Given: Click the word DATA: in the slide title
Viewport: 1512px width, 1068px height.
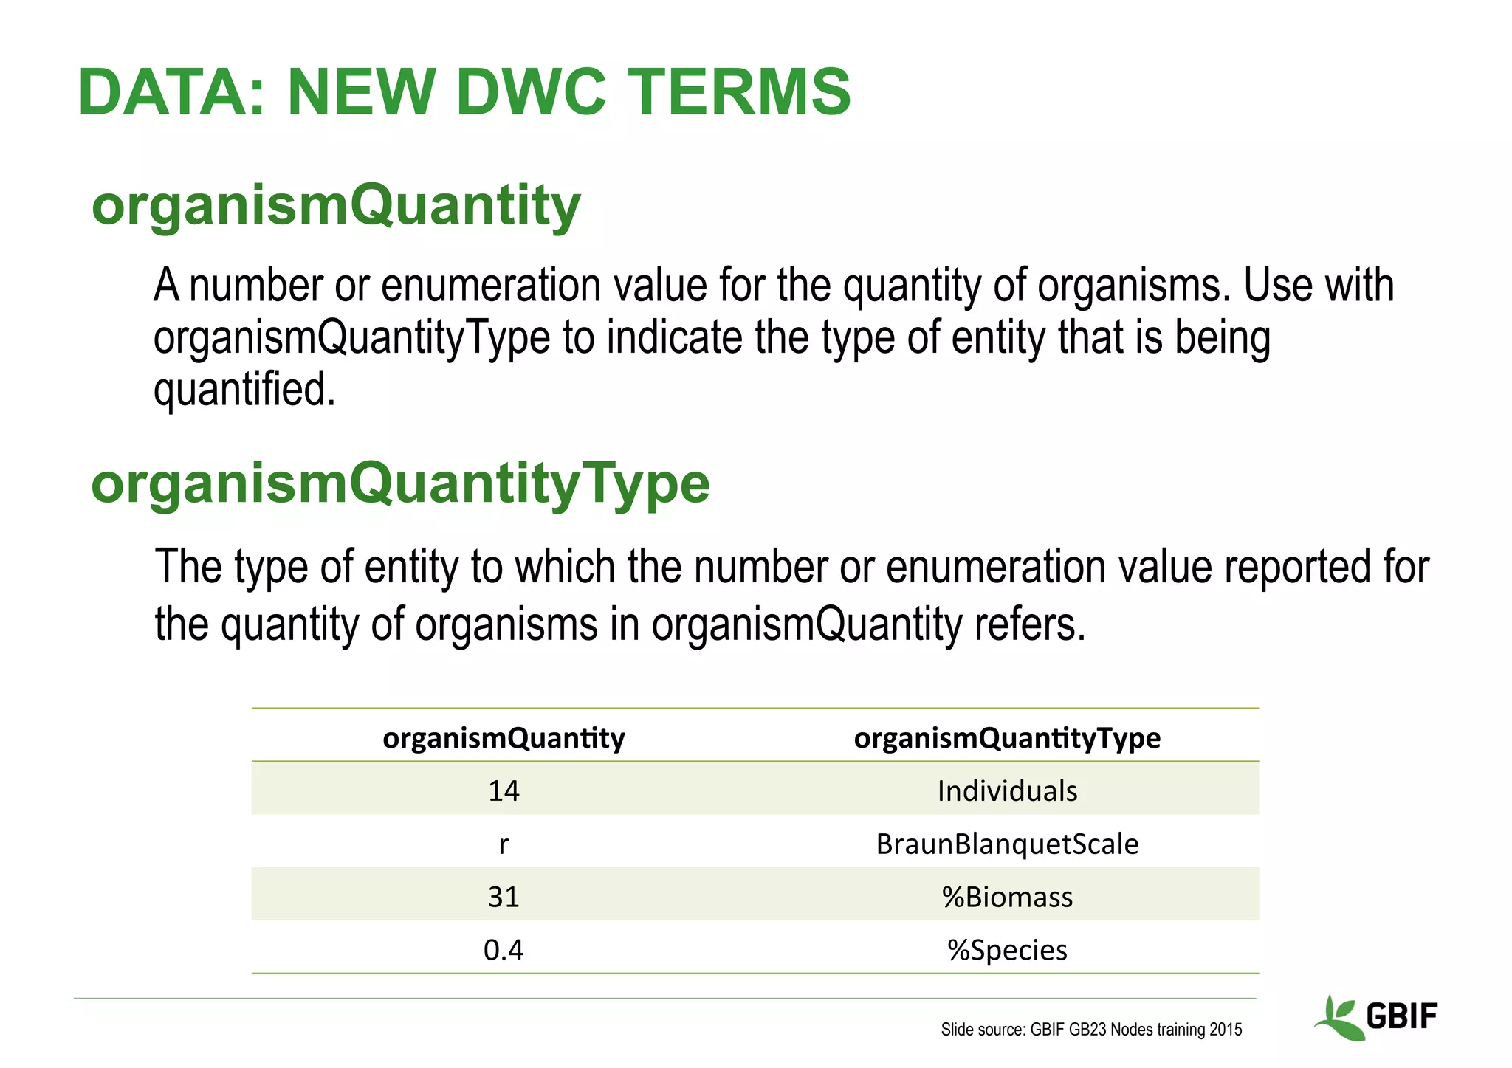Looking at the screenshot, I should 171,93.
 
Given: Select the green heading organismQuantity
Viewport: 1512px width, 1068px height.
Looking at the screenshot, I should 336,206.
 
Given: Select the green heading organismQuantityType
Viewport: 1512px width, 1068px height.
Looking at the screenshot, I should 400,484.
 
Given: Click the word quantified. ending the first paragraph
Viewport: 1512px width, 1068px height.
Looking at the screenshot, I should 244,389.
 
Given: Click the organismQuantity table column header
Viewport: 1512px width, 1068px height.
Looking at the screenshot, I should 504,737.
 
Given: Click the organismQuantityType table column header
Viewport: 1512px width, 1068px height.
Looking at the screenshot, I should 1007,737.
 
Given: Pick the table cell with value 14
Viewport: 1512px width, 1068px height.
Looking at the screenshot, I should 504,790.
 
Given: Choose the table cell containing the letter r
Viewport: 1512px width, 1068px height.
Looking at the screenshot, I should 504,844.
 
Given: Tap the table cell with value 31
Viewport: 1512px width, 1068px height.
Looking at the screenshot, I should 504,897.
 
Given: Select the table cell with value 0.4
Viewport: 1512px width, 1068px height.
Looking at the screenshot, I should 504,950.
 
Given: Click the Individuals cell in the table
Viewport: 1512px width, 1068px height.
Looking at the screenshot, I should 1007,790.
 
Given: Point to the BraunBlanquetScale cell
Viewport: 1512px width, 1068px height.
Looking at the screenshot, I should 1007,844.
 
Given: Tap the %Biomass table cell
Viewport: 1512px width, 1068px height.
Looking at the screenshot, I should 1007,897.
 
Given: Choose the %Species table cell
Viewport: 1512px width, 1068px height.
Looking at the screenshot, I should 1007,950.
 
